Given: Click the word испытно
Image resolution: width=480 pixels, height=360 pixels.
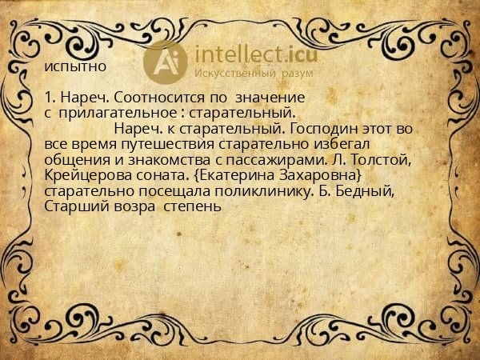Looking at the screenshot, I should (x=75, y=66).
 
